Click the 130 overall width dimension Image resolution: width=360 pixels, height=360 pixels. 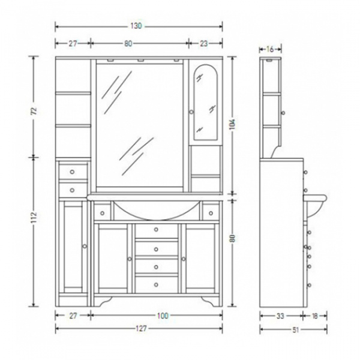tap(136, 26)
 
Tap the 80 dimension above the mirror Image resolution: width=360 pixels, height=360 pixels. tap(128, 43)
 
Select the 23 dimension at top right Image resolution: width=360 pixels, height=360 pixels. tap(203, 43)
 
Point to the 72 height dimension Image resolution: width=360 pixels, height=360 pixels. tap(34, 111)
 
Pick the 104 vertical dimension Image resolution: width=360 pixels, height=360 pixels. tap(233, 124)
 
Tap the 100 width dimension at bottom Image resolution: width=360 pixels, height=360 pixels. tap(163, 316)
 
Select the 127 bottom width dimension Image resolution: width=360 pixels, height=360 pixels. tap(141, 329)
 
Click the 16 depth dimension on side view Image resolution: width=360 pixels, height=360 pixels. tap(270, 49)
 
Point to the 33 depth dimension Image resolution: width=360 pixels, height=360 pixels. tap(280, 316)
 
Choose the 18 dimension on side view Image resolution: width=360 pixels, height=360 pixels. tap(315, 316)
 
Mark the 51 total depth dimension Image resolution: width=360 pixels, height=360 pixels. tap(295, 329)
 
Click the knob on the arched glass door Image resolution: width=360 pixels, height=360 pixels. tap(191, 112)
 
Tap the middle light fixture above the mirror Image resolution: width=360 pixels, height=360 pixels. tap(140, 61)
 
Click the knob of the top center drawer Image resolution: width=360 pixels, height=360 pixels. tap(156, 229)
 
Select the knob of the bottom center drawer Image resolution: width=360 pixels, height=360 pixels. tap(156, 284)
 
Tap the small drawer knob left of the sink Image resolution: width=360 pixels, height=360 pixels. tap(103, 213)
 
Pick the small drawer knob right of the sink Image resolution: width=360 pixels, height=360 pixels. tap(211, 213)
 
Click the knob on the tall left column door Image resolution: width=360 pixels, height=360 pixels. tap(85, 246)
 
